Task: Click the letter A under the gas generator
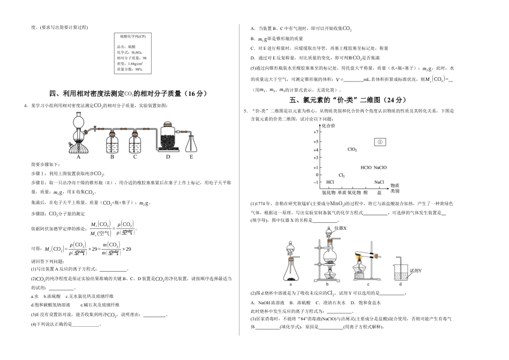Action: (78, 157)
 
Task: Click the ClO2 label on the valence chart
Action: (352, 149)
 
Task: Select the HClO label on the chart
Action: (366, 167)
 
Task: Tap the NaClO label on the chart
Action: (380, 167)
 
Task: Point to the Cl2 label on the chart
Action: (342, 175)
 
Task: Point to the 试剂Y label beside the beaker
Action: (416, 270)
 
